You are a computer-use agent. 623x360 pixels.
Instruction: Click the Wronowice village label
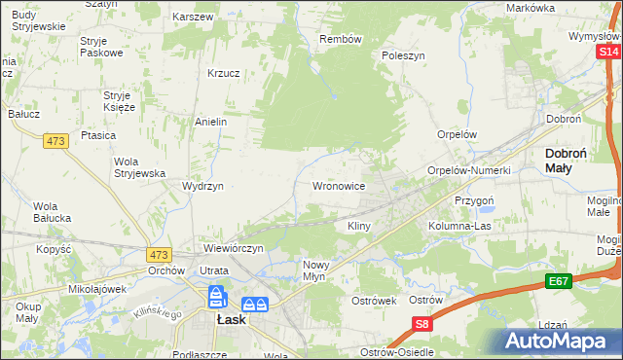click(338, 185)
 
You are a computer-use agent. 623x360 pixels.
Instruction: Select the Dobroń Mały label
click(570, 160)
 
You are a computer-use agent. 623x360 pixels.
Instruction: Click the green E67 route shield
click(558, 281)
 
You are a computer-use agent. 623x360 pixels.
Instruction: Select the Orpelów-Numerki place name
click(469, 170)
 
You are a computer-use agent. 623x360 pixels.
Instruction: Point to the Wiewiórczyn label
click(234, 248)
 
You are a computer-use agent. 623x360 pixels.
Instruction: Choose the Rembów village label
click(341, 39)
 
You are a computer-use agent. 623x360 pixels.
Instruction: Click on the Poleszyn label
click(404, 56)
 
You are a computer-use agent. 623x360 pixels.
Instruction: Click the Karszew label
click(193, 18)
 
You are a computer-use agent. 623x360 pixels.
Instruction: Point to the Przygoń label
click(476, 198)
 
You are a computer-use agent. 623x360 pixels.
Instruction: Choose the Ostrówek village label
click(374, 301)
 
